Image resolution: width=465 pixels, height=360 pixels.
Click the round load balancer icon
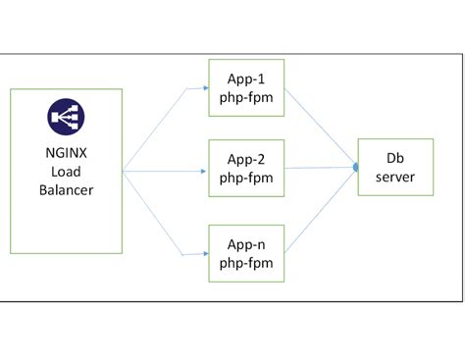66,118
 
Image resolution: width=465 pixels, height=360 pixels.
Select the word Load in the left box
66,171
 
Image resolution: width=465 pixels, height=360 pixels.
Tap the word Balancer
66,189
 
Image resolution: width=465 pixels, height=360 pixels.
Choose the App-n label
246,244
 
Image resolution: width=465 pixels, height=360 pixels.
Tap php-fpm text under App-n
246,263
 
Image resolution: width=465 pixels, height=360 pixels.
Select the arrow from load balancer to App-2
167,170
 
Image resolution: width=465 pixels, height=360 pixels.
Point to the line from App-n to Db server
319,213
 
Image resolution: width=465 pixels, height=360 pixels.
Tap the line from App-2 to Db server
319,169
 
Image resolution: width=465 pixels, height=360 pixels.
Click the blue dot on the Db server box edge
356,169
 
